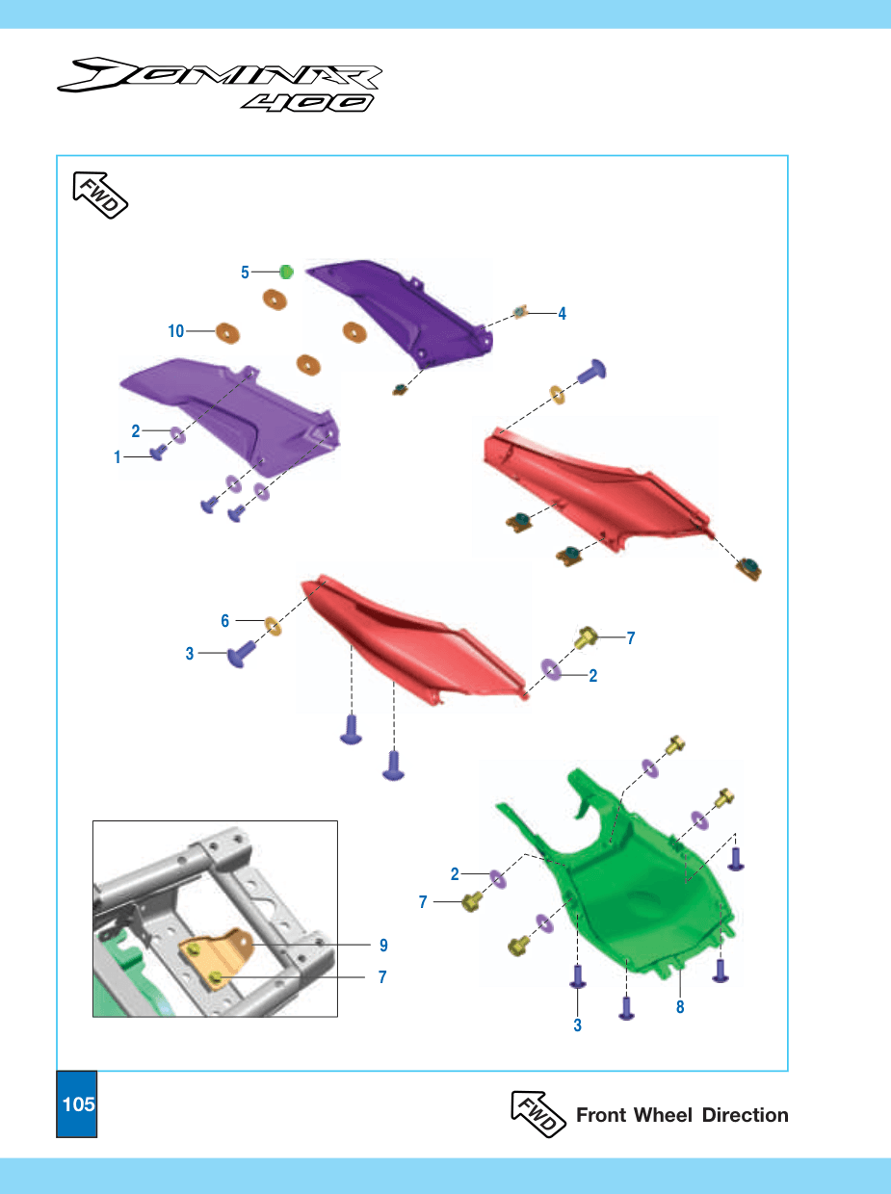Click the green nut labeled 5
(x=286, y=272)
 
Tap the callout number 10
(x=175, y=330)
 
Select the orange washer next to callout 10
(x=227, y=333)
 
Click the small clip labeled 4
(x=520, y=312)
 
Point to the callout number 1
(x=117, y=457)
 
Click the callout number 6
(x=225, y=621)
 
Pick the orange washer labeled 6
(x=273, y=626)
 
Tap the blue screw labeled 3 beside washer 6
(x=241, y=653)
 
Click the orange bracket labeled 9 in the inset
(x=217, y=956)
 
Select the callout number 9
(x=383, y=946)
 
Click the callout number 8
(x=680, y=1007)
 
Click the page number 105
(x=78, y=1104)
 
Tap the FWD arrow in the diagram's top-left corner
(x=100, y=195)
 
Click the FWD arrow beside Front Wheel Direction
(x=538, y=1114)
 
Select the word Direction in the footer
(x=745, y=1115)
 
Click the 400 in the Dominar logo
(x=308, y=103)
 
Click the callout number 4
(x=562, y=313)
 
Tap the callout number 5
(x=245, y=272)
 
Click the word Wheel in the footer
(x=663, y=1115)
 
